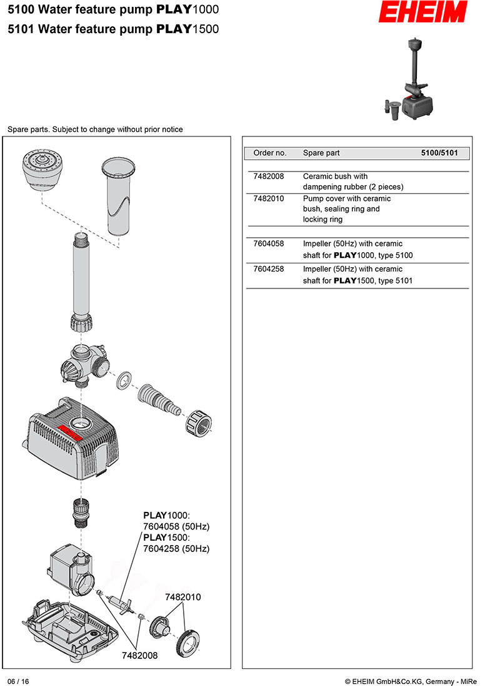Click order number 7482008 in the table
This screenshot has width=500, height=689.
(269, 176)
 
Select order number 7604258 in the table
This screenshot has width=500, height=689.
(269, 270)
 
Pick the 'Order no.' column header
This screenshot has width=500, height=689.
(270, 153)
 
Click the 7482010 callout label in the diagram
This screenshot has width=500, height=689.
(183, 597)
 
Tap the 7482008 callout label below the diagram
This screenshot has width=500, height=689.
(139, 655)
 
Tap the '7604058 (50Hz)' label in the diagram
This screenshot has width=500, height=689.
(176, 526)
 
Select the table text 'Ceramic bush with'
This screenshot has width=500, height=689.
(335, 176)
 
